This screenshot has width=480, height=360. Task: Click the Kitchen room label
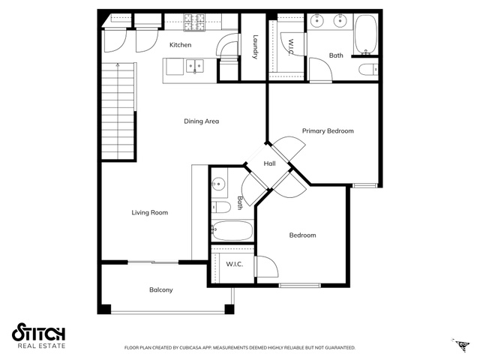click(180, 45)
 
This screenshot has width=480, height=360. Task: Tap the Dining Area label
click(202, 121)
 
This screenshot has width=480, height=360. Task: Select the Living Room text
click(150, 212)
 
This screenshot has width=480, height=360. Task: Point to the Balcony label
click(161, 289)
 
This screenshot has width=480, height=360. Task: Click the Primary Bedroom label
click(328, 131)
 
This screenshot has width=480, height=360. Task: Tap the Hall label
click(269, 163)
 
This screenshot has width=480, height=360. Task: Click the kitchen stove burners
click(194, 22)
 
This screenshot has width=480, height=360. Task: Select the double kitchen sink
click(195, 67)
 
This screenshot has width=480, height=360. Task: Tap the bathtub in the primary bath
click(365, 34)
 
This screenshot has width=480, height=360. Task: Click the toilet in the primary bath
click(368, 70)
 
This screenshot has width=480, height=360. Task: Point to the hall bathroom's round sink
click(218, 184)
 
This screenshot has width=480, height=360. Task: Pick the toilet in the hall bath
click(220, 207)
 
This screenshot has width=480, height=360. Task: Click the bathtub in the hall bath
click(232, 230)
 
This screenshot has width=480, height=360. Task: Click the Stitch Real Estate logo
click(38, 335)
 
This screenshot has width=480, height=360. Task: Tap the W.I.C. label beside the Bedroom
click(235, 264)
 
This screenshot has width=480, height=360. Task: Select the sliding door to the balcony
click(153, 262)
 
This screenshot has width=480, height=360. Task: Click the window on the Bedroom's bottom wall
click(299, 285)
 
